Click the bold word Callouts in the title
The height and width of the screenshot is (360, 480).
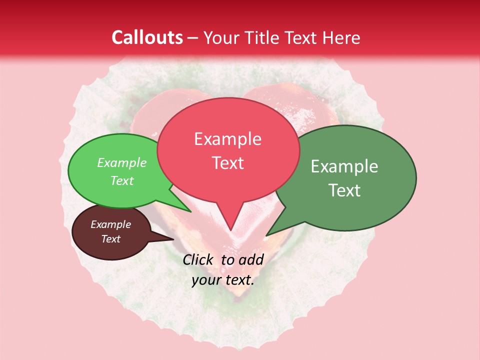click(147, 37)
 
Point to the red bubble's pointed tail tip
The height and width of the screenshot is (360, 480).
click(230, 229)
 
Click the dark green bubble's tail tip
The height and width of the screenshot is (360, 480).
click(267, 235)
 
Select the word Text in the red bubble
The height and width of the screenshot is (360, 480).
click(227, 163)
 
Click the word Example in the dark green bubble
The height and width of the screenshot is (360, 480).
click(344, 166)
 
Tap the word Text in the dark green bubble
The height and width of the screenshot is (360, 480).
click(344, 190)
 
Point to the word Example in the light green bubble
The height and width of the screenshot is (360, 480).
click(121, 162)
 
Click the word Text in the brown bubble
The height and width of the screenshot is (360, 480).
click(110, 239)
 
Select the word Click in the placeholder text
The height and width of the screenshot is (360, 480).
click(198, 259)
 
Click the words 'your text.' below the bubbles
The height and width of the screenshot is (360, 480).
click(223, 280)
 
